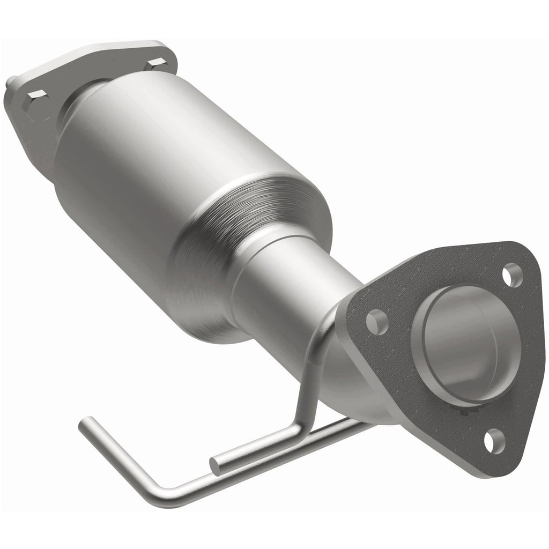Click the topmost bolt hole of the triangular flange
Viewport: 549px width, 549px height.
(512, 274)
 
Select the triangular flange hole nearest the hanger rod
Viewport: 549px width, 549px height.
(377, 322)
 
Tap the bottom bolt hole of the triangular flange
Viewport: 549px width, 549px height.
(494, 441)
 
